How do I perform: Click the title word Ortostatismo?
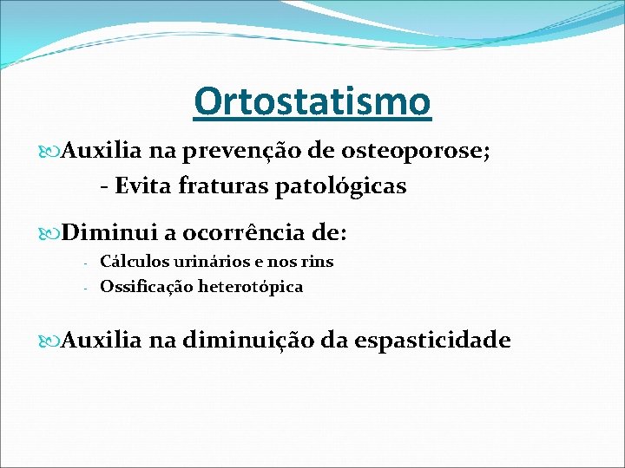click(x=312, y=101)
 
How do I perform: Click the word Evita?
click(x=144, y=185)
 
